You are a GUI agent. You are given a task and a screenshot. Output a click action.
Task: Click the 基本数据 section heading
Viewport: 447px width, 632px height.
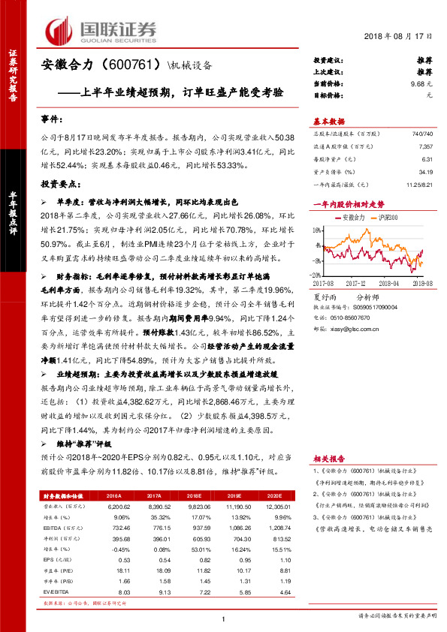(328, 122)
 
